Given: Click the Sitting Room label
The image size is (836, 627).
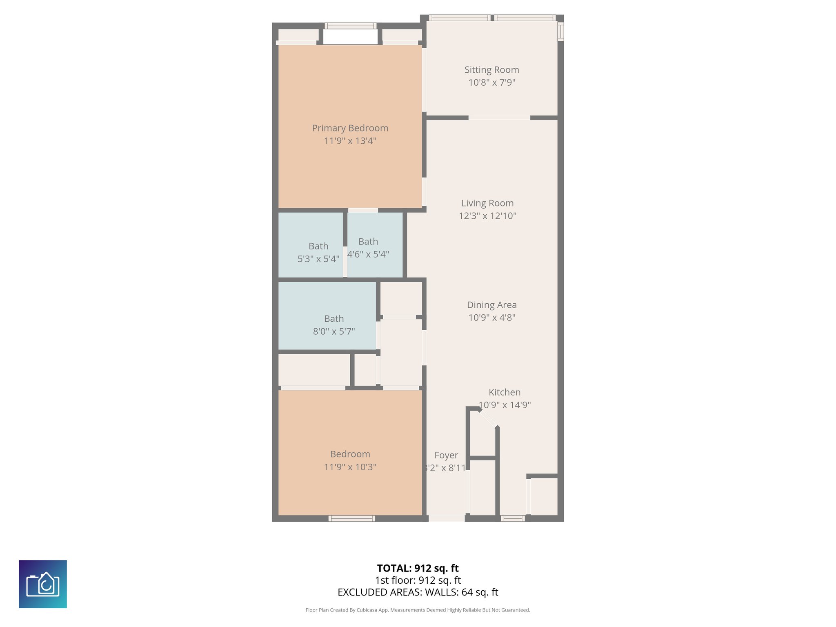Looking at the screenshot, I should point(491,70).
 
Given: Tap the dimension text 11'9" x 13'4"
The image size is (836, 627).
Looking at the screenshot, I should point(350,141).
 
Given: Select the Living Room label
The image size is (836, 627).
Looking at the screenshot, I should point(487,203).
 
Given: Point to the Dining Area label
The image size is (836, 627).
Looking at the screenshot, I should point(491,305).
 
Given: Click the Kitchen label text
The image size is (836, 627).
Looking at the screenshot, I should point(505,392).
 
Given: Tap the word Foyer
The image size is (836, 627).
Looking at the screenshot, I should point(446,455).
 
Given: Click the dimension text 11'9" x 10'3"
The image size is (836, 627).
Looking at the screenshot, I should point(350,467).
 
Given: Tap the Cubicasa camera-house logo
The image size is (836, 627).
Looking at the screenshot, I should point(43,584).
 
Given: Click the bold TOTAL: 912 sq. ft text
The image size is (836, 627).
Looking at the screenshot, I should point(418,568).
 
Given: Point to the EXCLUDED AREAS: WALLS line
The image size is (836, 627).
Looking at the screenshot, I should point(418,592).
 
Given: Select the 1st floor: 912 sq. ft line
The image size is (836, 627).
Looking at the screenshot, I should point(418,580).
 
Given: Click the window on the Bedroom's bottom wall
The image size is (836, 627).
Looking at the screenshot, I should point(351,518).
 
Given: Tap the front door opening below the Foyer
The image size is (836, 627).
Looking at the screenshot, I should point(446,518).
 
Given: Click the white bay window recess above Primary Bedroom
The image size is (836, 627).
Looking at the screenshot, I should point(350,37).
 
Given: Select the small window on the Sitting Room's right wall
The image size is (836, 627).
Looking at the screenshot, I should point(560,31).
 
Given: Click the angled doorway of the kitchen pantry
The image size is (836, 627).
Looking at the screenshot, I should point(488,418).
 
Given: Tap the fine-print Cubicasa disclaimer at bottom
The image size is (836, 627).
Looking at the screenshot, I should point(418,610).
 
